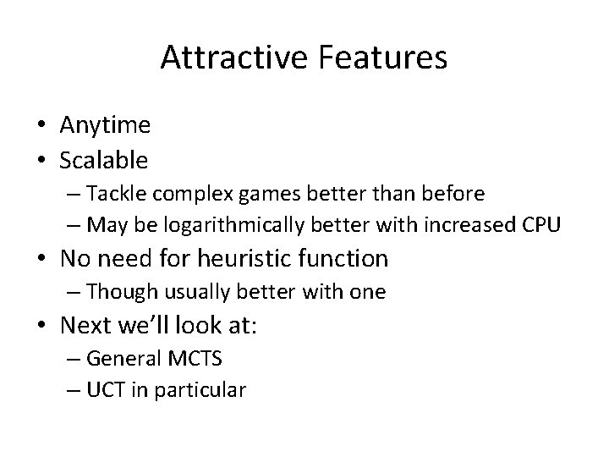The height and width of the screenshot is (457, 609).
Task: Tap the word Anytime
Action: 105,126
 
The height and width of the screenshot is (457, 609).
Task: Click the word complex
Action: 187,195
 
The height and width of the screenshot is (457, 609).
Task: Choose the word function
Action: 346,257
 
